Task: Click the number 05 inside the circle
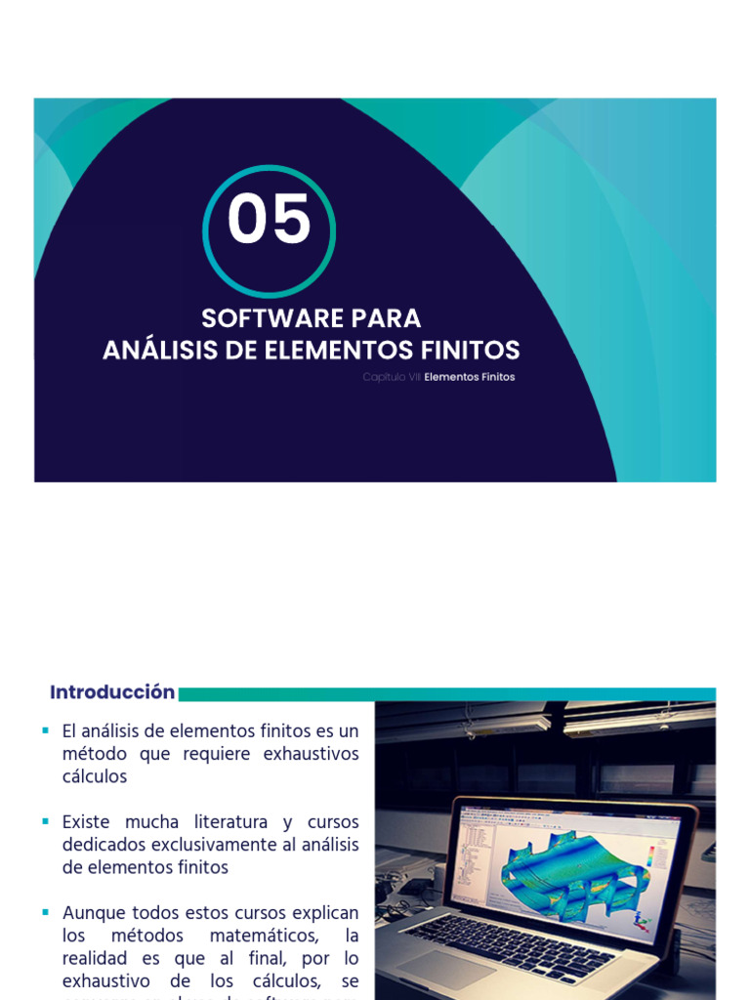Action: [x=269, y=220]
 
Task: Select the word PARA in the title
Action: [x=385, y=318]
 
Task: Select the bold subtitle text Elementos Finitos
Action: [x=470, y=377]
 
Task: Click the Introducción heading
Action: [x=112, y=692]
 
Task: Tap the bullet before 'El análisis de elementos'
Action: [x=45, y=730]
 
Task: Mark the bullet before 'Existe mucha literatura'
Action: [x=45, y=821]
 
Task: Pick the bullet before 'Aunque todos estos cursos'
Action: [x=45, y=912]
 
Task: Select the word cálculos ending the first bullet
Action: [x=95, y=776]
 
